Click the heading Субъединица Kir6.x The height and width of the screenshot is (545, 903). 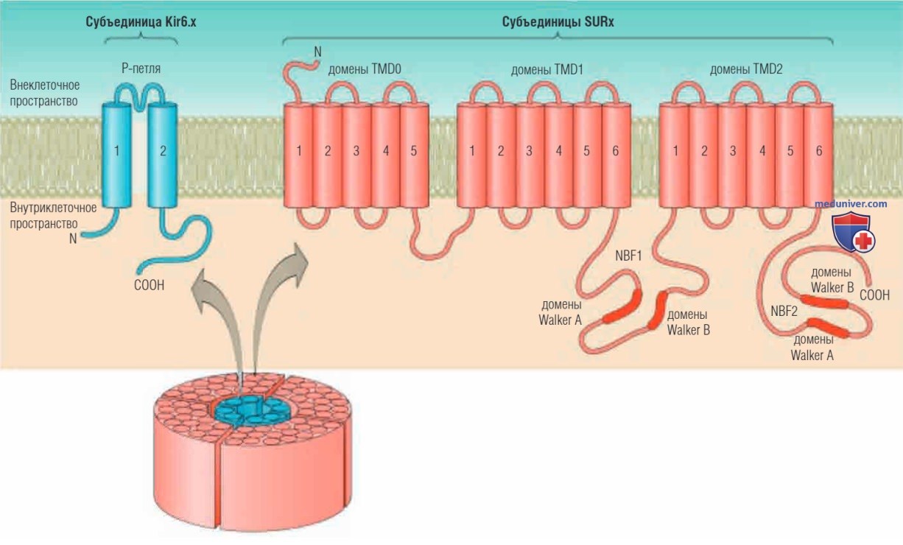pos(141,22)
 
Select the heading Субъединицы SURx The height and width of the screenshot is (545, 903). pos(558,22)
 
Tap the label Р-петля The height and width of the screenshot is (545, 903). pos(141,68)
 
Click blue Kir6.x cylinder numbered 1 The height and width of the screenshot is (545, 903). pos(116,155)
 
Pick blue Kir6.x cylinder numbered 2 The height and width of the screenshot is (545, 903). pos(163,155)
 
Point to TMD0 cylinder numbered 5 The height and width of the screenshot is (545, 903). pos(414,155)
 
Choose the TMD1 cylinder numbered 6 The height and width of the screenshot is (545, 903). pos(616,155)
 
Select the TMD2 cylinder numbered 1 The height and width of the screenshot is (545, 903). pos(674,155)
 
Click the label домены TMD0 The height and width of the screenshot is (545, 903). pos(365,70)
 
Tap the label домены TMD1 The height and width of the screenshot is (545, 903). pos(547,70)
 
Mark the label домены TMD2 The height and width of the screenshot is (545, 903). pos(746,69)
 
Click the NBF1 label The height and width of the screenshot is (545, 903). pos(628,256)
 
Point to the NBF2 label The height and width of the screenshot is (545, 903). pos(784,312)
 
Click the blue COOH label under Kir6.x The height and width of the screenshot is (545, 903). pos(150,286)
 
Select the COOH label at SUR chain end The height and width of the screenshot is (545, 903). pos(874,295)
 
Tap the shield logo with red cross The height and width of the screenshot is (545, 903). pos(853,232)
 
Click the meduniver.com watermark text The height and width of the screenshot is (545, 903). pos(851,204)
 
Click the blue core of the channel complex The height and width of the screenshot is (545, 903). pos(252,410)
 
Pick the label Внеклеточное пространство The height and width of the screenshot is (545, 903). pos(44,93)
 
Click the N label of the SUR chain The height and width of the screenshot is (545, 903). pos(317,52)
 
